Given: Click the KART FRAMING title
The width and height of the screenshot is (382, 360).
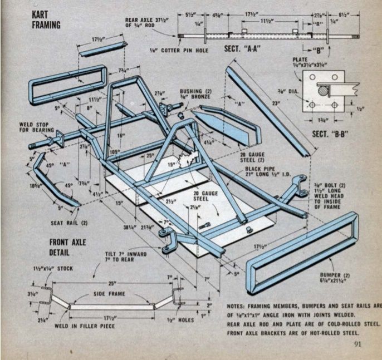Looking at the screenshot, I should (46, 18).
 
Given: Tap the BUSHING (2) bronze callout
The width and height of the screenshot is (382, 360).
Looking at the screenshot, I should (196, 96).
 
